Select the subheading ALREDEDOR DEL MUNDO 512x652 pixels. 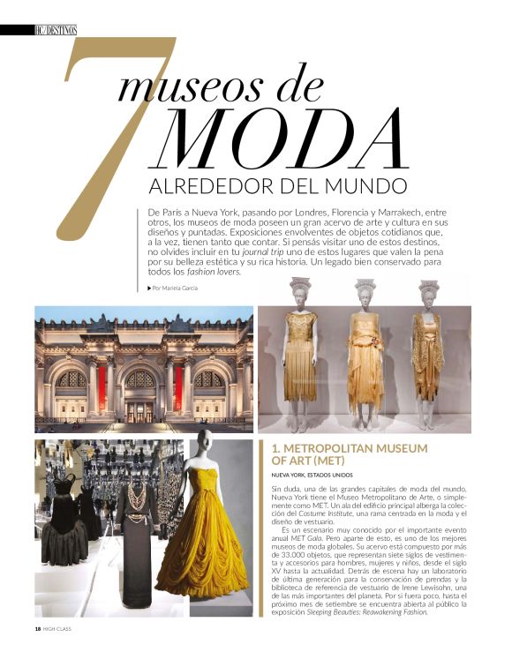coord(279,187)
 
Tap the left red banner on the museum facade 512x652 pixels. coord(102,386)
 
